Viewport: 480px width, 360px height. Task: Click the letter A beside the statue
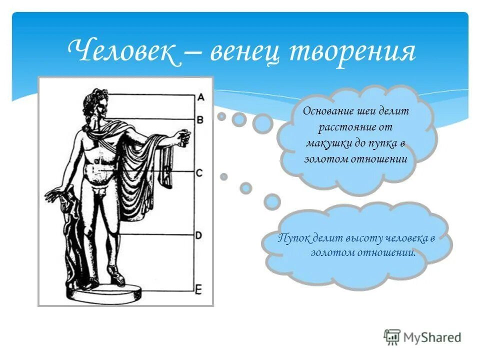[199, 97]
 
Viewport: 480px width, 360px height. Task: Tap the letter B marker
[199, 120]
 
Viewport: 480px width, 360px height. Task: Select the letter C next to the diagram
[199, 173]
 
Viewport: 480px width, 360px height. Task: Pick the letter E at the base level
[199, 289]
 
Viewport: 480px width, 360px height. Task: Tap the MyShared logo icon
[392, 336]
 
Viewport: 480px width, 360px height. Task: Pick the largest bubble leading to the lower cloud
[272, 201]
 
